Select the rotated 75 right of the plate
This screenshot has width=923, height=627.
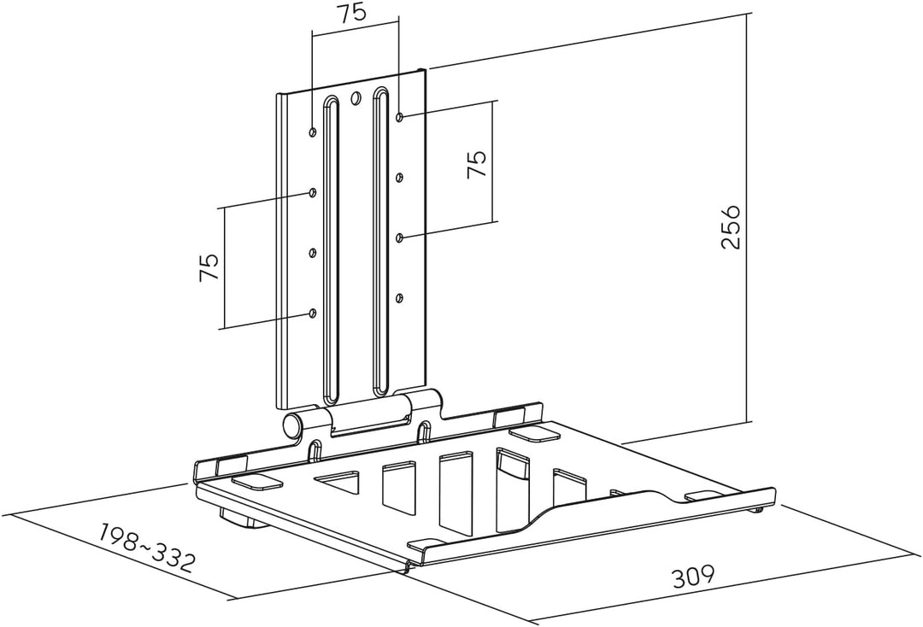(x=476, y=164)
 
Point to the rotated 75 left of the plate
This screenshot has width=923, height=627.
(x=209, y=267)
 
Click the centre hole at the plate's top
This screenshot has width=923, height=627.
(x=355, y=97)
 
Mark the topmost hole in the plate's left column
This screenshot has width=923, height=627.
(x=313, y=132)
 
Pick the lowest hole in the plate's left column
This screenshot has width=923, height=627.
(x=313, y=313)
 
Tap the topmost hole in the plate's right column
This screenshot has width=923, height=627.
(x=400, y=117)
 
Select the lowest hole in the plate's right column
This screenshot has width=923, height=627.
(x=399, y=298)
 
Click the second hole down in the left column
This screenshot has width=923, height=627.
(x=313, y=192)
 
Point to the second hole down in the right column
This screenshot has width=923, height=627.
(x=399, y=177)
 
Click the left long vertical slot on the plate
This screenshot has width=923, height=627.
(x=332, y=250)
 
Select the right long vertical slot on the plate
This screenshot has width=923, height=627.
(x=380, y=241)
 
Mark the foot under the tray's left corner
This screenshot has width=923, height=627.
(x=240, y=519)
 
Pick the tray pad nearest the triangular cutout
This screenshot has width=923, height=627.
(x=256, y=482)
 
